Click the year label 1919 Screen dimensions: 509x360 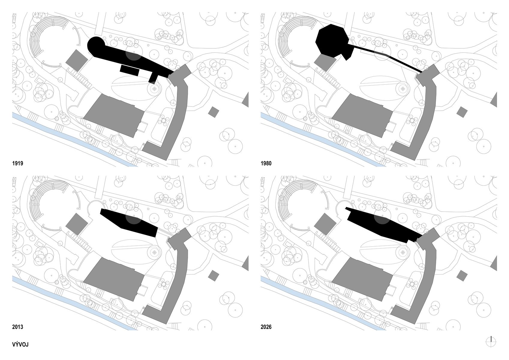click(17, 163)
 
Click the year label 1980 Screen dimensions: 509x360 click(266, 163)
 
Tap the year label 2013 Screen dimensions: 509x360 click(17, 327)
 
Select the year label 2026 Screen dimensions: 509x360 click(266, 327)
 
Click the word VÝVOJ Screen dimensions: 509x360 click(20, 344)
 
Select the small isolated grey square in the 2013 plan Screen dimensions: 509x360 click(214, 275)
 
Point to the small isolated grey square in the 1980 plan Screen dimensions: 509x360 click(462, 112)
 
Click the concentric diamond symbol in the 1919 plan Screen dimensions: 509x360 click(154, 88)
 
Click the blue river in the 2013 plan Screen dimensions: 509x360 click(75, 304)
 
